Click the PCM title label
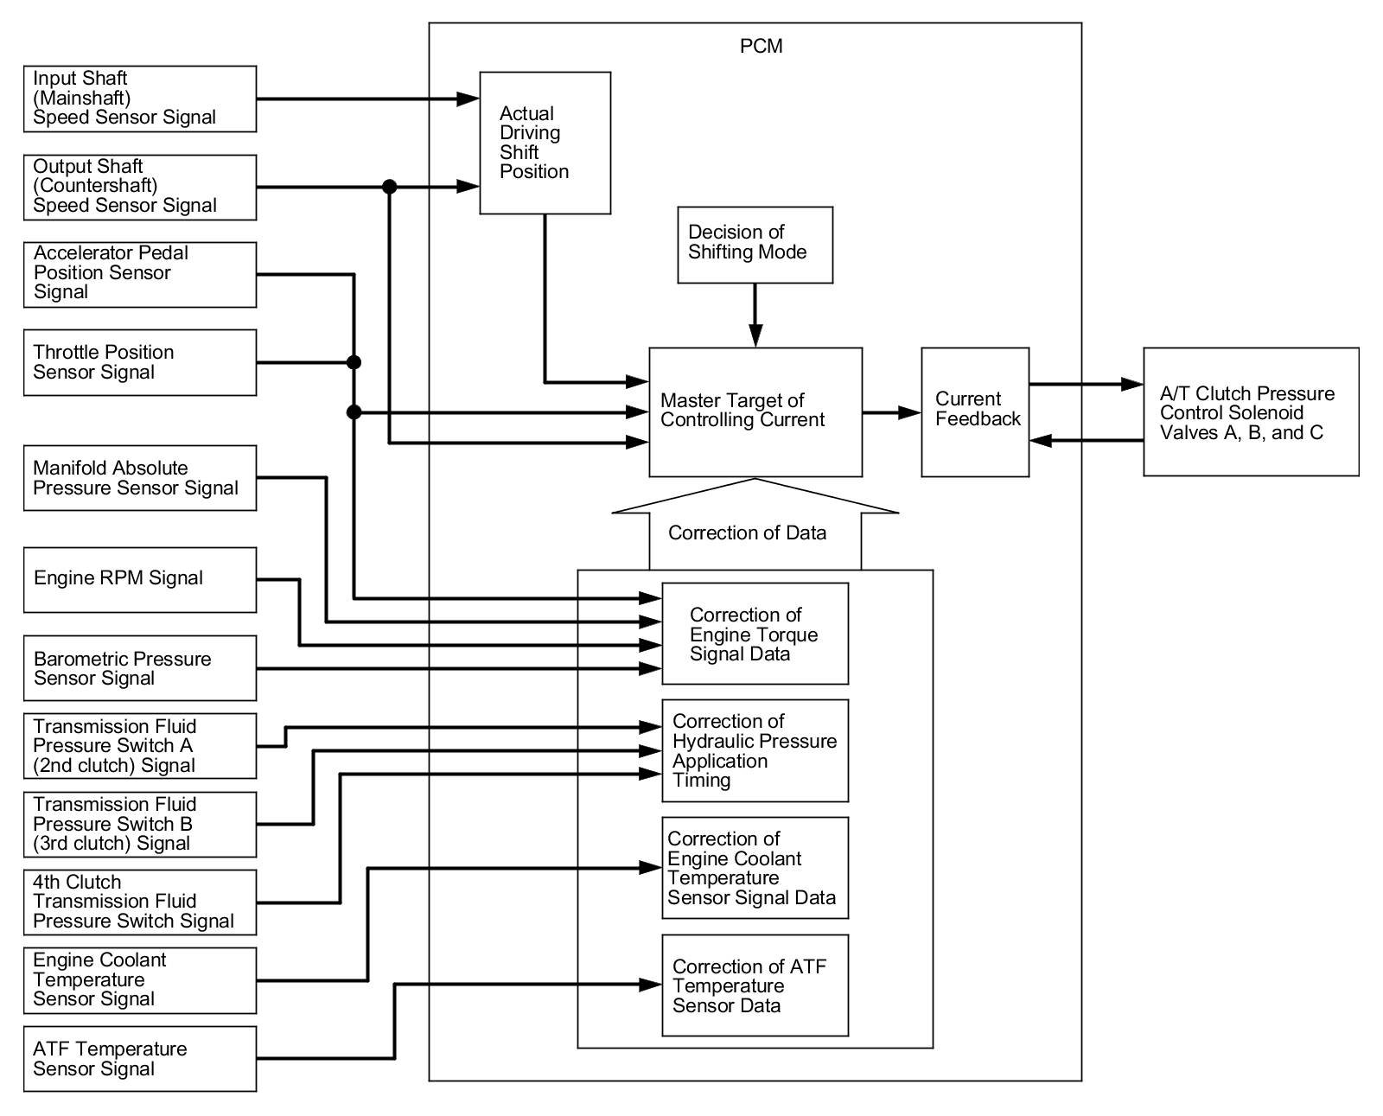pos(761,47)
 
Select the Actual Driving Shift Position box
pos(545,143)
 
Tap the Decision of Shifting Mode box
pos(755,245)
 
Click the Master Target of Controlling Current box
pos(755,412)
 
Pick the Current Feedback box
pos(975,412)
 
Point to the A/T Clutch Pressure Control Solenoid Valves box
pos(1252,412)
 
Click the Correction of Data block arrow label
pos(748,532)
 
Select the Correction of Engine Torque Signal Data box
pos(755,634)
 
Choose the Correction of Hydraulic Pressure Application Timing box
pos(755,751)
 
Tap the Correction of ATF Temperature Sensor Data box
pos(755,985)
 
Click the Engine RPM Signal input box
pos(140,580)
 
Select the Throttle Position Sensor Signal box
pos(140,362)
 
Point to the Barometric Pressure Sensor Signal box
pos(140,668)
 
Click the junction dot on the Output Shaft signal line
pos(390,187)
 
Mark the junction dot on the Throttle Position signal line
pos(354,362)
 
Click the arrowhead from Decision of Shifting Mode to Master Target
pos(755,335)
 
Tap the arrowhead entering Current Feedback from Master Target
pos(909,412)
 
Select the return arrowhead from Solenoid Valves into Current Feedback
pos(1041,441)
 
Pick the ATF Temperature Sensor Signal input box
pos(140,1059)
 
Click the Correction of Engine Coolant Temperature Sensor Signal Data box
pos(755,868)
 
